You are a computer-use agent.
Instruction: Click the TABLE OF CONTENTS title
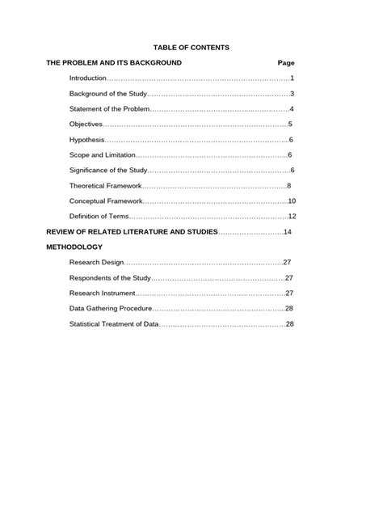pyautogui.click(x=191, y=48)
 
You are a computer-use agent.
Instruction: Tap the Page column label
pyautogui.click(x=286, y=63)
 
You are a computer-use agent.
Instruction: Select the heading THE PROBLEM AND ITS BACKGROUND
pyautogui.click(x=114, y=63)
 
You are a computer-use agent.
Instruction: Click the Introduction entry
pyautogui.click(x=88, y=78)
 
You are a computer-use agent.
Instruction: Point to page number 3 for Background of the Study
pyautogui.click(x=292, y=94)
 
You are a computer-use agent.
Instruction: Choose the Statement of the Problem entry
pyautogui.click(x=109, y=109)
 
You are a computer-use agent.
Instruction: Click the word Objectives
pyautogui.click(x=86, y=125)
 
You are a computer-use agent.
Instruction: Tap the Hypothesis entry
pyautogui.click(x=86, y=140)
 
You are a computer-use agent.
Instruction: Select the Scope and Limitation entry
pyautogui.click(x=102, y=155)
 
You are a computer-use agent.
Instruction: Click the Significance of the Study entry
pyautogui.click(x=107, y=171)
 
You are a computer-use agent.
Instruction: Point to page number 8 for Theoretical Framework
pyautogui.click(x=288, y=186)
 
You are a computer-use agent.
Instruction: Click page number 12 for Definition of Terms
pyautogui.click(x=293, y=217)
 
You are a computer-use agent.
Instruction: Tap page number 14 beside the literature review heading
pyautogui.click(x=287, y=232)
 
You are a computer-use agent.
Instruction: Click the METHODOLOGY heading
pyautogui.click(x=74, y=247)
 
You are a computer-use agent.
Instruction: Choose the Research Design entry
pyautogui.click(x=95, y=263)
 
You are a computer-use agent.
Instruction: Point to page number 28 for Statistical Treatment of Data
pyautogui.click(x=289, y=324)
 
